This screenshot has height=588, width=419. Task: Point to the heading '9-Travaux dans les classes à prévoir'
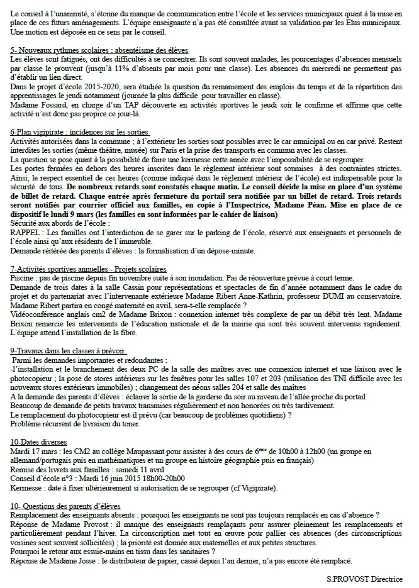(69, 351)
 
